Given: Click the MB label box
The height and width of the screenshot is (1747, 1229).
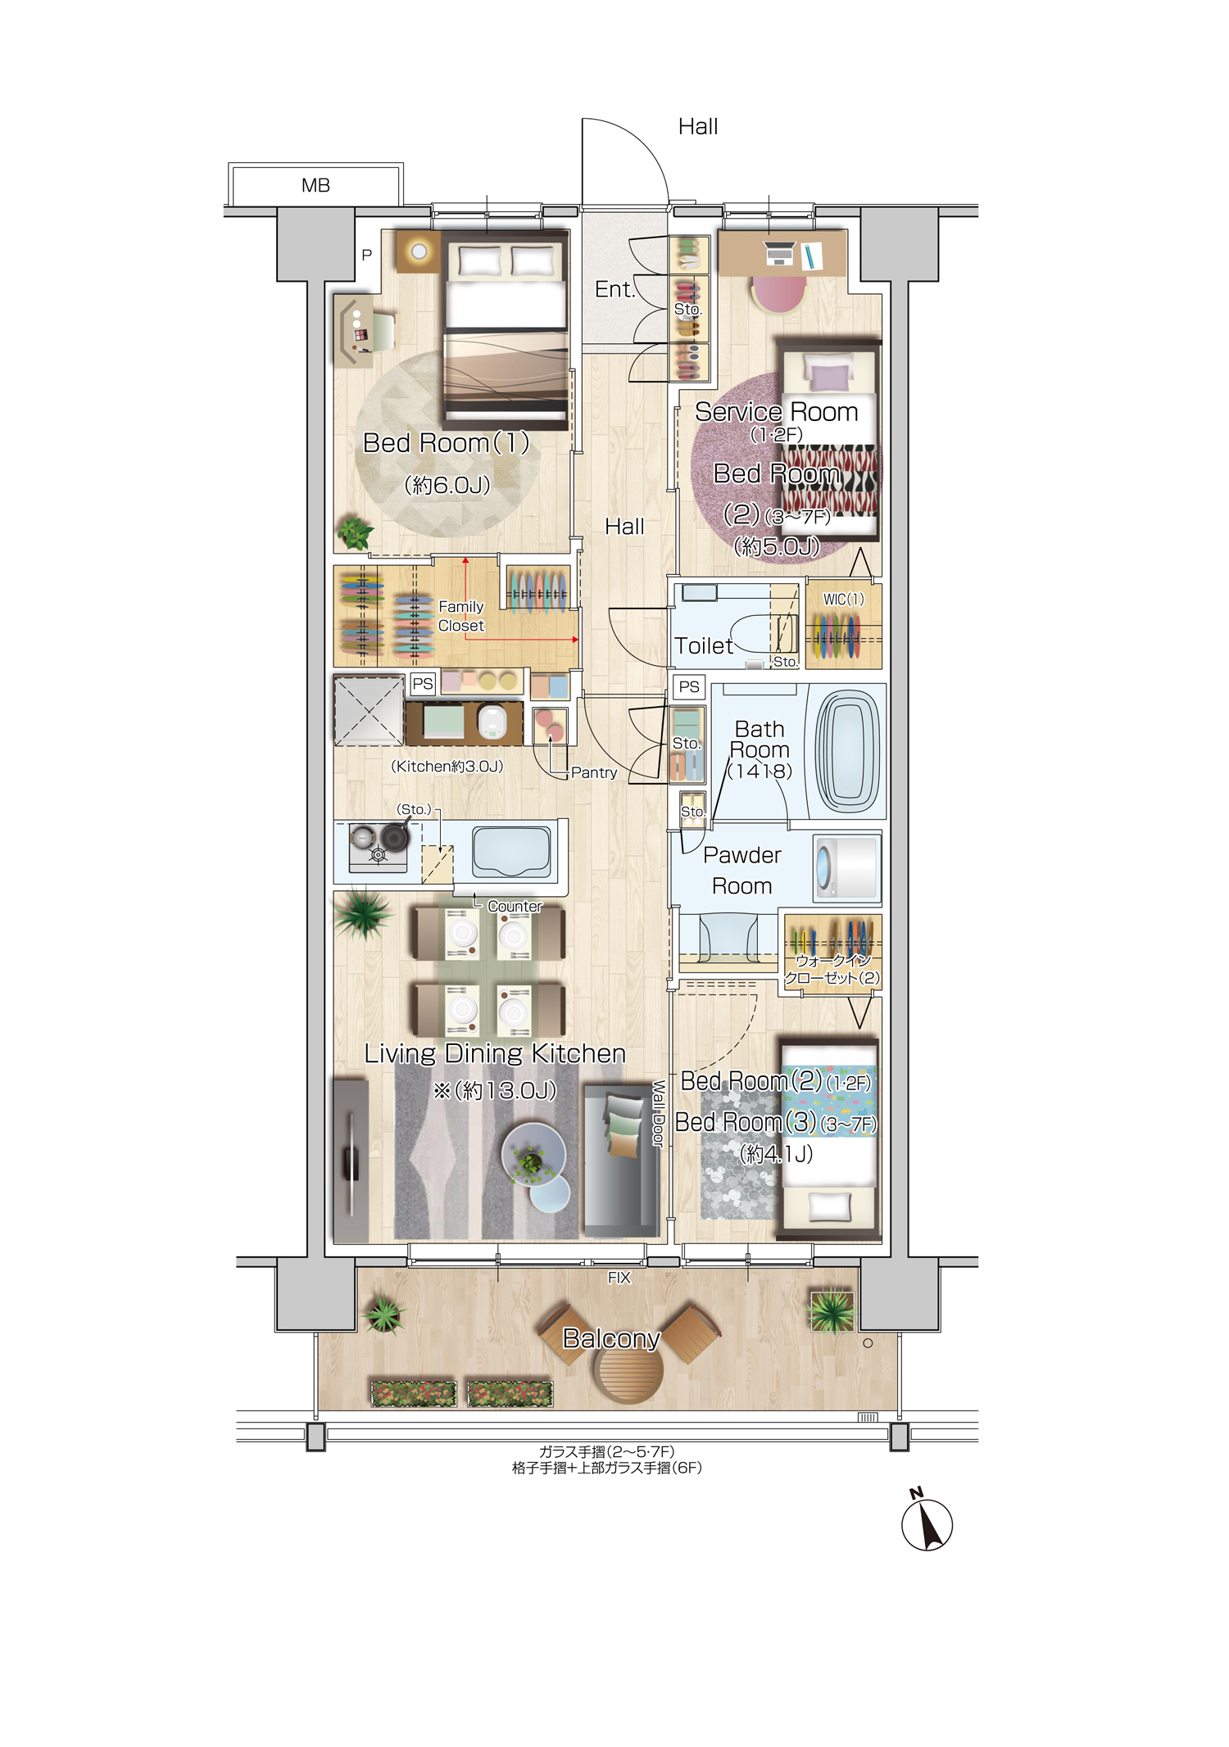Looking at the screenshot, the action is click(315, 185).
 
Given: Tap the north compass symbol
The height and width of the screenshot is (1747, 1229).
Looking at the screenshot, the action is click(926, 1521).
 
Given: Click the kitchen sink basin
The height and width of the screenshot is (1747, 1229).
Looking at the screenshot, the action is click(511, 852).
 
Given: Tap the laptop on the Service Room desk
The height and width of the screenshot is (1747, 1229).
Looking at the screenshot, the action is click(780, 254).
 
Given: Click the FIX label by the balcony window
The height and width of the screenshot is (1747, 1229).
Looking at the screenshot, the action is click(619, 1277).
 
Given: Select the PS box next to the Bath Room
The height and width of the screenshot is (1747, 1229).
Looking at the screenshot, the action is click(689, 686).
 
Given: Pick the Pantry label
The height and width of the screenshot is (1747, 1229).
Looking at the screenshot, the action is click(594, 772).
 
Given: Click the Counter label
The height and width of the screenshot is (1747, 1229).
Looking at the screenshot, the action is click(515, 906).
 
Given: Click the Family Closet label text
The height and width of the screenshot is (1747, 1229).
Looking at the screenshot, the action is click(461, 616).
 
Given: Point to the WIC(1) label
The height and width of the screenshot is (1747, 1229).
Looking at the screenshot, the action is click(844, 599).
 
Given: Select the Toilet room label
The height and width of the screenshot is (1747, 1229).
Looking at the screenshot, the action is click(704, 645).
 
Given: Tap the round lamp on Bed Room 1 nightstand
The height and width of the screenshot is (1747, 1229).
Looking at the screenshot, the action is click(419, 251).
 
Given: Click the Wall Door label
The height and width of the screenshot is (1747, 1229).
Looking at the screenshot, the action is click(658, 1113).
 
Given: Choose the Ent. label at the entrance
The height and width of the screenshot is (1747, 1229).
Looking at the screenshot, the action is click(615, 289).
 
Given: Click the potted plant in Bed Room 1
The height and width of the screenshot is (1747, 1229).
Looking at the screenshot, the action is click(356, 533).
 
